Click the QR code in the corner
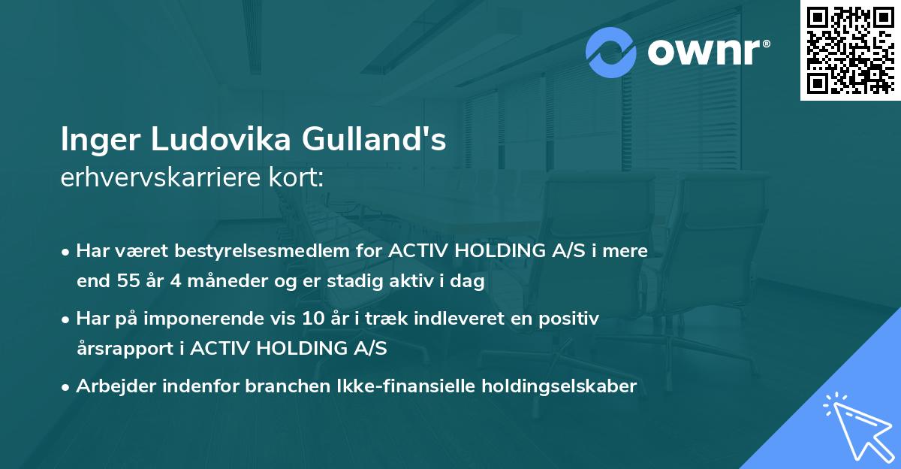click(x=850, y=50)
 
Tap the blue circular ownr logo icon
click(x=611, y=53)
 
